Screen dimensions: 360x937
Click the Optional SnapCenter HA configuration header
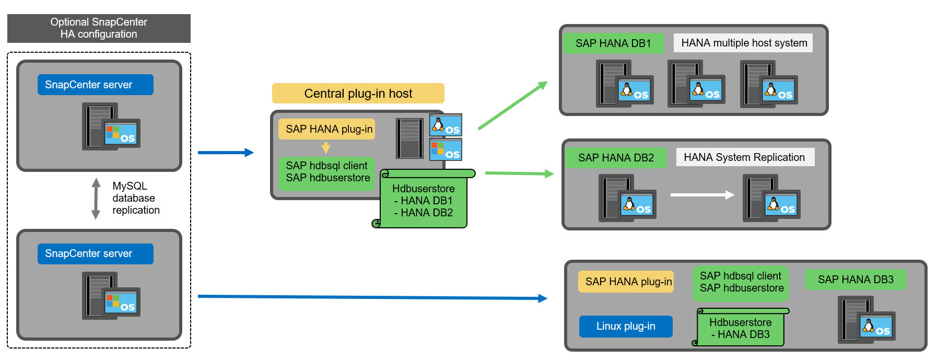(x=99, y=28)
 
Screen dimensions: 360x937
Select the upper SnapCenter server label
(x=95, y=85)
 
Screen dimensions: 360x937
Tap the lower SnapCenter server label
(x=95, y=253)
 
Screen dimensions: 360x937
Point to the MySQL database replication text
(x=135, y=198)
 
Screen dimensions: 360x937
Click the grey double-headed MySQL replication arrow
(x=96, y=199)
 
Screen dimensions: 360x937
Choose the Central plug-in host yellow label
(x=358, y=94)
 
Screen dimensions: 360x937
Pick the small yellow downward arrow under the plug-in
(x=326, y=148)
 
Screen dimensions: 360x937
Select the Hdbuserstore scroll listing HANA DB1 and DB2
(x=424, y=201)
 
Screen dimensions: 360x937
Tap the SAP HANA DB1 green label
(x=613, y=43)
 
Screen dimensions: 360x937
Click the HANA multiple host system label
(x=744, y=43)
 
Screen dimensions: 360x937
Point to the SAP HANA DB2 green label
(x=616, y=158)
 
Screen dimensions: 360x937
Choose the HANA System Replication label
(x=745, y=157)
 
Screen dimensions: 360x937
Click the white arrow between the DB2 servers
(x=702, y=195)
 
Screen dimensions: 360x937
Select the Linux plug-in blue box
(x=626, y=326)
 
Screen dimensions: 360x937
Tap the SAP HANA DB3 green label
(x=856, y=280)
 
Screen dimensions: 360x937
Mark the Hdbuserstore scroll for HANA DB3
(x=741, y=329)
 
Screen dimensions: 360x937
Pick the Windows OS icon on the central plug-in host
(x=446, y=149)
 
